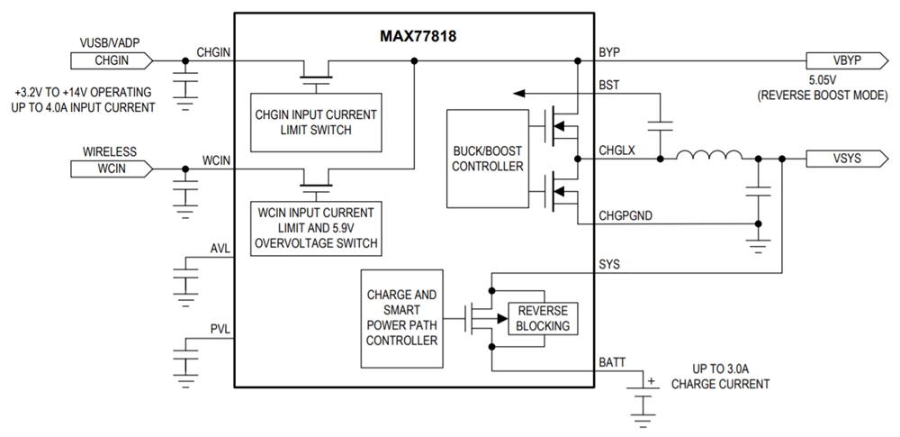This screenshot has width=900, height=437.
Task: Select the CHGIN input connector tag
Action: tap(111, 61)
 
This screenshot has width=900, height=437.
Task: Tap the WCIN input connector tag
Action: tap(111, 168)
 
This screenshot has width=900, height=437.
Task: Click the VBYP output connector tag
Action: tap(845, 61)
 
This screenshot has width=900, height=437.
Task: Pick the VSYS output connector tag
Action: tap(845, 159)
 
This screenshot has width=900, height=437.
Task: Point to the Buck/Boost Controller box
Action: tap(487, 159)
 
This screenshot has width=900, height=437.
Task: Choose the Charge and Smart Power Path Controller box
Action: tap(401, 317)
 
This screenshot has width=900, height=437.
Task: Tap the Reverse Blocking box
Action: tap(543, 318)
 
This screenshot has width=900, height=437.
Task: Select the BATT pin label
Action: tap(612, 362)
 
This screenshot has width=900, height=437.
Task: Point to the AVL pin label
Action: tap(220, 249)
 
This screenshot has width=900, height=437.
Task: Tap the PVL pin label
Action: tap(220, 330)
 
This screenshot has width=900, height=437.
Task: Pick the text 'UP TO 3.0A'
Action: tap(720, 369)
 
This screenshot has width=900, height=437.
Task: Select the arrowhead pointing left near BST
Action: tap(517, 92)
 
